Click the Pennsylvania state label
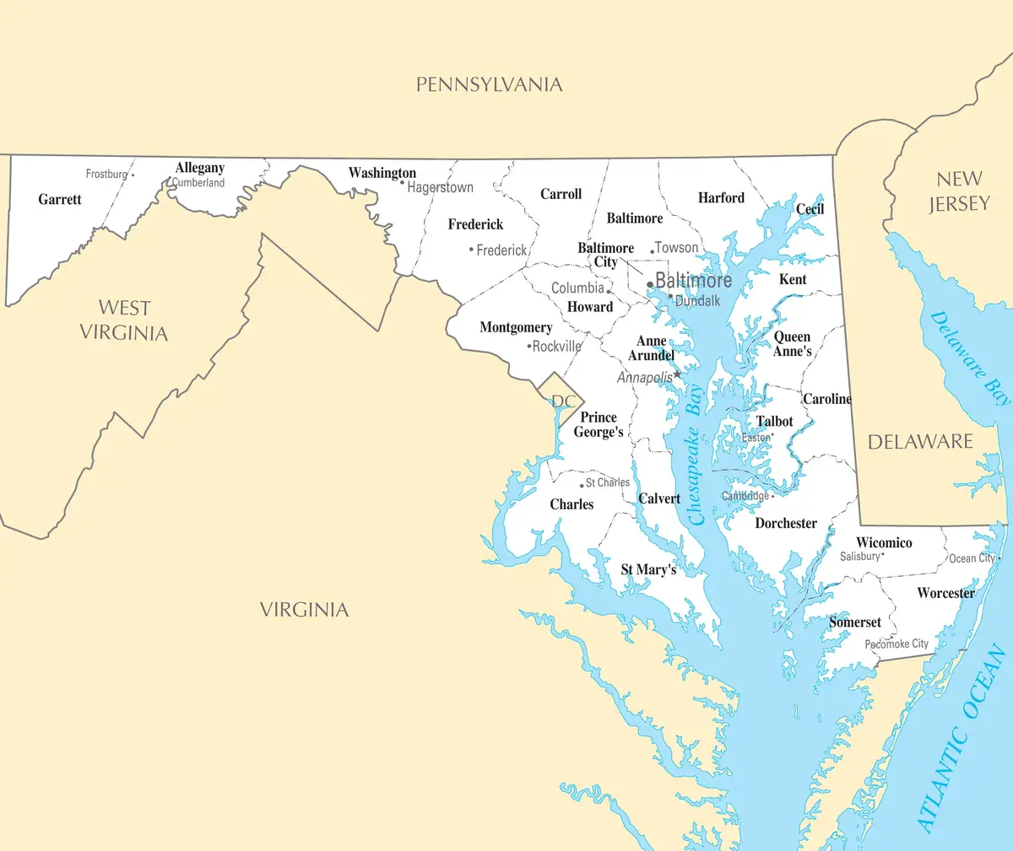tap(489, 84)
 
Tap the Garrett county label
tap(60, 200)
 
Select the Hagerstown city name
tap(440, 188)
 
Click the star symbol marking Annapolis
tap(677, 374)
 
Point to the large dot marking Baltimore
tap(649, 284)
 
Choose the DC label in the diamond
tap(563, 401)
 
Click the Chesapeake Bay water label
tap(695, 455)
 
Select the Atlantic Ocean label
tap(962, 738)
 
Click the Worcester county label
tap(945, 593)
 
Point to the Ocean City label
tap(972, 558)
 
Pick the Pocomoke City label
tap(897, 644)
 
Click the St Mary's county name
tap(648, 570)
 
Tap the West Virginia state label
tap(124, 320)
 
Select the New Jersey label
tap(959, 191)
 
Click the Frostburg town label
tap(107, 174)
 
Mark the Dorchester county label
tap(786, 524)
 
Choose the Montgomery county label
tap(516, 327)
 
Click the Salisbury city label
tap(860, 557)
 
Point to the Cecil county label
tap(810, 209)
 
